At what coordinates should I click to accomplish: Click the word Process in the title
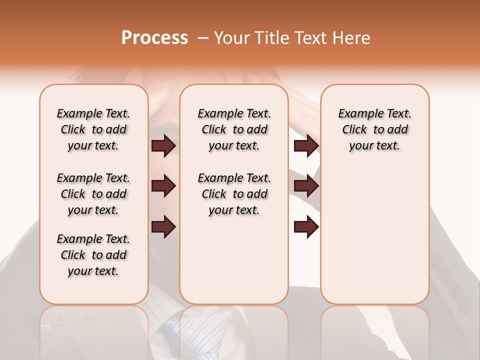154,38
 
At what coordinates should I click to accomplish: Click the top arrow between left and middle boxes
163,146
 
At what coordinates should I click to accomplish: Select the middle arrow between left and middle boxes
163,186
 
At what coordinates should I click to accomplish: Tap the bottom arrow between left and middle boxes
163,226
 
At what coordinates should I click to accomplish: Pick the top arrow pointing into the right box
306,146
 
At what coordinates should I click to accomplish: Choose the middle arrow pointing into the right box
306,186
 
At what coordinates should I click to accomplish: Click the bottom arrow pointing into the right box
306,226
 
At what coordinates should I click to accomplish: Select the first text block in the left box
93,129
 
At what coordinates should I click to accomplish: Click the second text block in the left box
93,194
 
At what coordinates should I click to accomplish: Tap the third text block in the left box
93,255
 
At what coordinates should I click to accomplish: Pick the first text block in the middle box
234,129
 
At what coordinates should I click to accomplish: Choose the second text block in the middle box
234,194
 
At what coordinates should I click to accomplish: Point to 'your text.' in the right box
374,145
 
